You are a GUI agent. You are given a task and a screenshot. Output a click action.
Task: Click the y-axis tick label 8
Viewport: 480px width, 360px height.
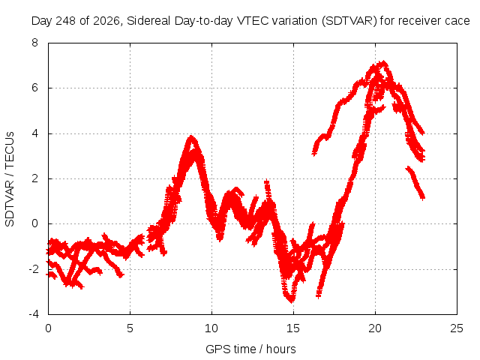pyautogui.click(x=34, y=43)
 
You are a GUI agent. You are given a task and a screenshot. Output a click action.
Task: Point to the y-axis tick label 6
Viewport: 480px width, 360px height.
pyautogui.click(x=34, y=88)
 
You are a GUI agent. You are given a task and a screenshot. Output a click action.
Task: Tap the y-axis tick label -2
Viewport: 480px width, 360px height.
pyautogui.click(x=33, y=269)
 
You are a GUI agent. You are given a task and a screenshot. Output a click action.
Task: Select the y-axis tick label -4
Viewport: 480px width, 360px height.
pyautogui.click(x=33, y=314)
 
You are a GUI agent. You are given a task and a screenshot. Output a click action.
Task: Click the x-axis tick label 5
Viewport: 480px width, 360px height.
pyautogui.click(x=130, y=328)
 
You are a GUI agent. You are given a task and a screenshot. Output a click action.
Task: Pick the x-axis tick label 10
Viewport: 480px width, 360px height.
pyautogui.click(x=211, y=328)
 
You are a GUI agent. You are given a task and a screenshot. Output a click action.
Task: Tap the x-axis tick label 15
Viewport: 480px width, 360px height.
pyautogui.click(x=293, y=328)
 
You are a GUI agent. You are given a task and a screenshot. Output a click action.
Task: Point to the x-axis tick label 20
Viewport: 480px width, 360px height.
pyautogui.click(x=375, y=328)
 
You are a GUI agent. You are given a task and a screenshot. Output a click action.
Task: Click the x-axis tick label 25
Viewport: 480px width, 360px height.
pyautogui.click(x=457, y=328)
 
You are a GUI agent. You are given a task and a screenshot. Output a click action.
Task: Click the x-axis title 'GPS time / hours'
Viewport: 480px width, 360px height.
pyautogui.click(x=250, y=349)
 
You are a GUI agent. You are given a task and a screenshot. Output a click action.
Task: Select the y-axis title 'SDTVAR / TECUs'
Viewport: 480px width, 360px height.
pyautogui.click(x=10, y=179)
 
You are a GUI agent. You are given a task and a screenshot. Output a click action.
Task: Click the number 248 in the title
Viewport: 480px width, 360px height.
pyautogui.click(x=65, y=21)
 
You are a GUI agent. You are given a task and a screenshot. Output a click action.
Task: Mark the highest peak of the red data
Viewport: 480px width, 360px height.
pyautogui.click(x=383, y=63)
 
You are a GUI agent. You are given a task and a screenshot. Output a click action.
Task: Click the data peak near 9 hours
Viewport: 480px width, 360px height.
pyautogui.click(x=192, y=137)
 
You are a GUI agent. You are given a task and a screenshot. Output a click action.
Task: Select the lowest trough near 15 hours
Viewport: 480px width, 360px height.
pyautogui.click(x=291, y=301)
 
